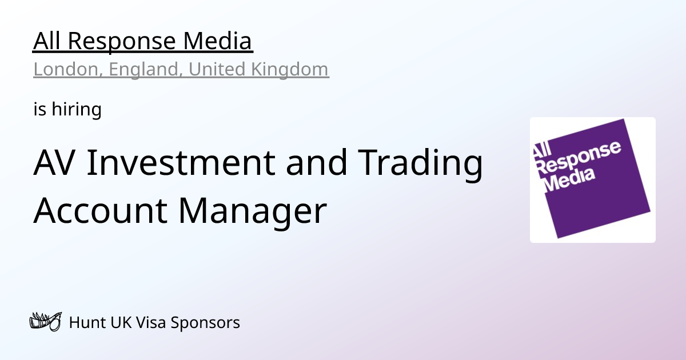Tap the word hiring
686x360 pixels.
click(77, 109)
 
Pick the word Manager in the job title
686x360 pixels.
click(252, 211)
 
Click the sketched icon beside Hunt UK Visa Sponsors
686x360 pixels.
click(45, 322)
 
